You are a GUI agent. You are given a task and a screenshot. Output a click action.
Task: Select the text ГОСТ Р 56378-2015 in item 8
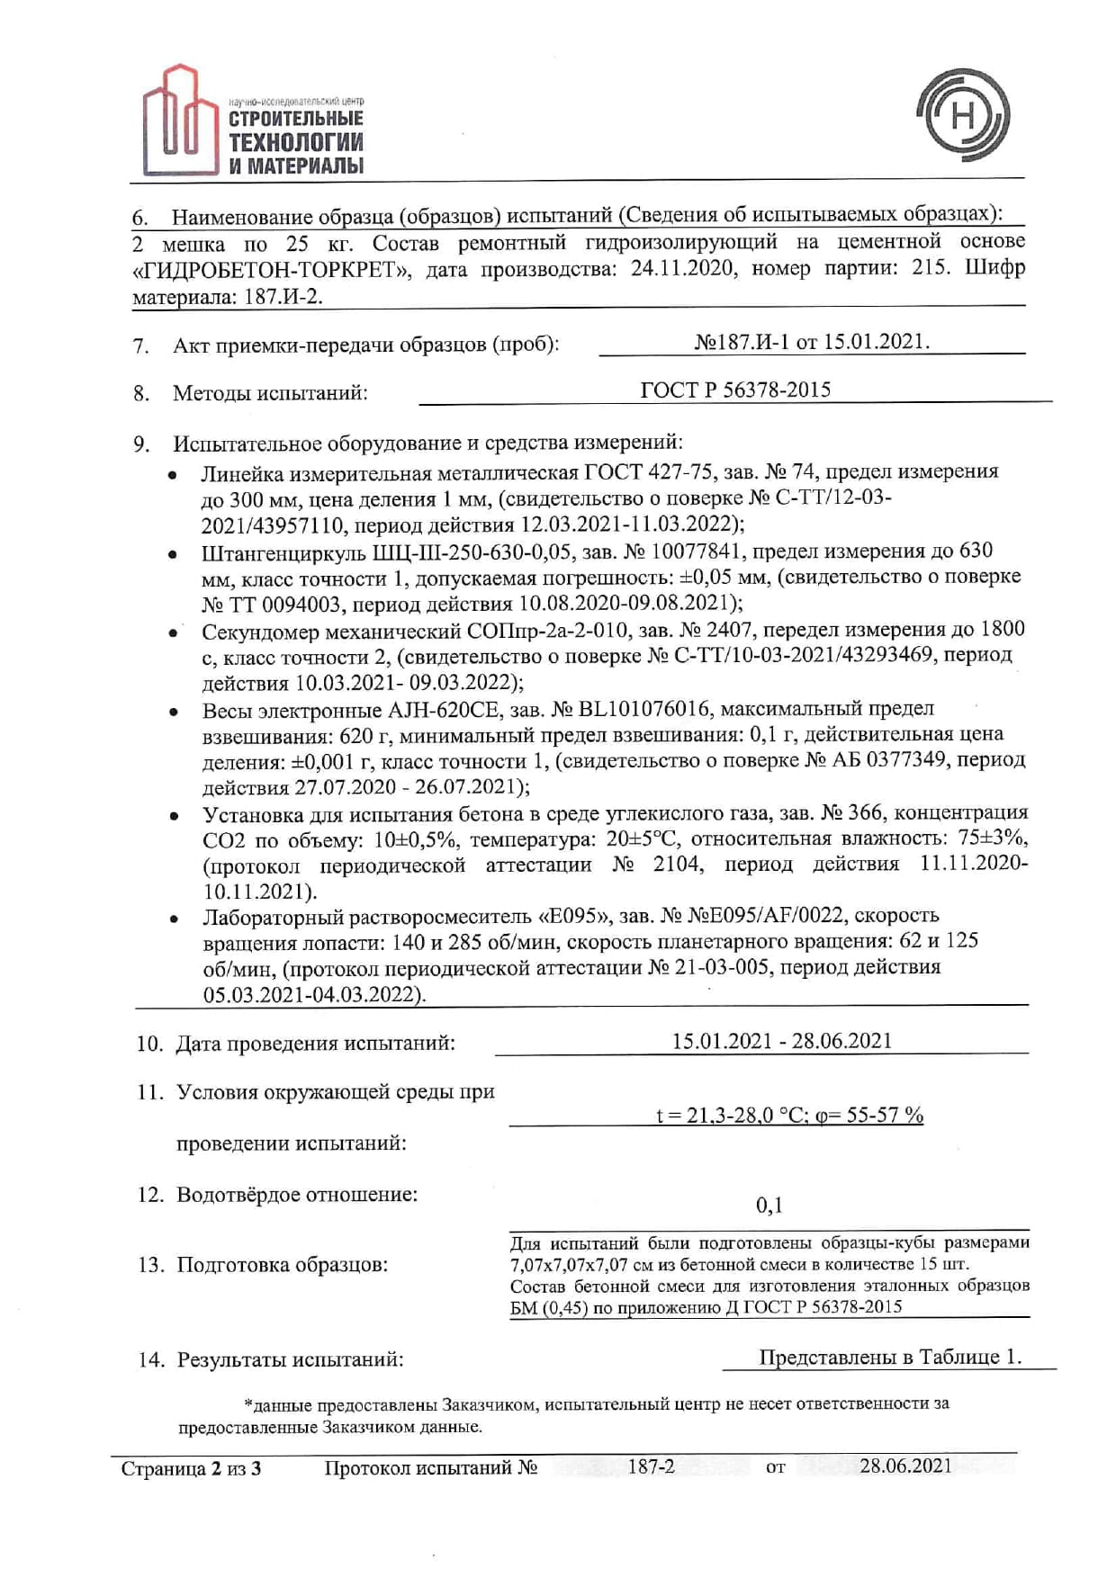pos(734,390)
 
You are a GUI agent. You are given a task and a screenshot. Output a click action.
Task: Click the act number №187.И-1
pos(743,342)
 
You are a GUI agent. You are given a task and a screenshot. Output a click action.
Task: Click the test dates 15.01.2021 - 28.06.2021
pos(781,1041)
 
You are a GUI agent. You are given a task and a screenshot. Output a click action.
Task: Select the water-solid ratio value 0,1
pos(769,1205)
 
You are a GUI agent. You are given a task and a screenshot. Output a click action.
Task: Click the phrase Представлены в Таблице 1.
pos(889,1357)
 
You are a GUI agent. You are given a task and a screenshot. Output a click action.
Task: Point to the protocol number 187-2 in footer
pos(651,1466)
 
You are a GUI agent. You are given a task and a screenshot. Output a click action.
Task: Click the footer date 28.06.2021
pos(904,1466)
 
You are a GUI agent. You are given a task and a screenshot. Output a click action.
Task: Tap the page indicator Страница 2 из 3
pos(191,1469)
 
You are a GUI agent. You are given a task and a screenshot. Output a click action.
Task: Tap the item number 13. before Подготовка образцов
pos(150,1265)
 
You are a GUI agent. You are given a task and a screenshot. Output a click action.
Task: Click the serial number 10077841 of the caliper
pos(698,551)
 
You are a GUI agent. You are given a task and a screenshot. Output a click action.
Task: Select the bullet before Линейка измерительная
pos(172,474)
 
